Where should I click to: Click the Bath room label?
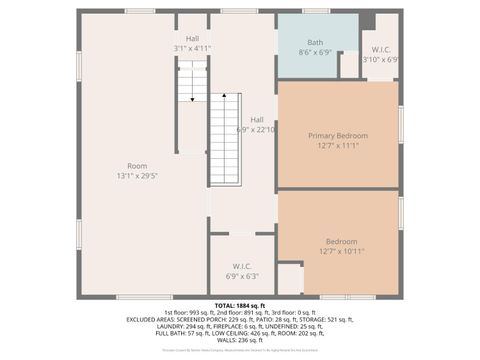pyautogui.click(x=316, y=43)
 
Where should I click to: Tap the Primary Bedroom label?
pyautogui.click(x=338, y=135)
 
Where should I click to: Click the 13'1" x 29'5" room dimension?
pyautogui.click(x=137, y=176)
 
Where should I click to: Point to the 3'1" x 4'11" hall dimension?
pyautogui.click(x=192, y=48)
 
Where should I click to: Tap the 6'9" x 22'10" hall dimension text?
pyautogui.click(x=256, y=129)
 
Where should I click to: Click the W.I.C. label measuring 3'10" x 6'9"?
pyautogui.click(x=380, y=48)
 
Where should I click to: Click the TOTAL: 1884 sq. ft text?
pyautogui.click(x=240, y=305)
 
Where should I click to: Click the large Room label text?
pyautogui.click(x=137, y=166)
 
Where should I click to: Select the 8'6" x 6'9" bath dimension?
pyautogui.click(x=316, y=54)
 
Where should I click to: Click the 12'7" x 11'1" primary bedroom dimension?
pyautogui.click(x=338, y=146)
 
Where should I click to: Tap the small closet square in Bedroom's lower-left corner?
pyautogui.click(x=290, y=279)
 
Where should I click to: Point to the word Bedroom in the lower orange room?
pyautogui.click(x=341, y=241)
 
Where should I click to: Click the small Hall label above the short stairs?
pyautogui.click(x=192, y=38)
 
